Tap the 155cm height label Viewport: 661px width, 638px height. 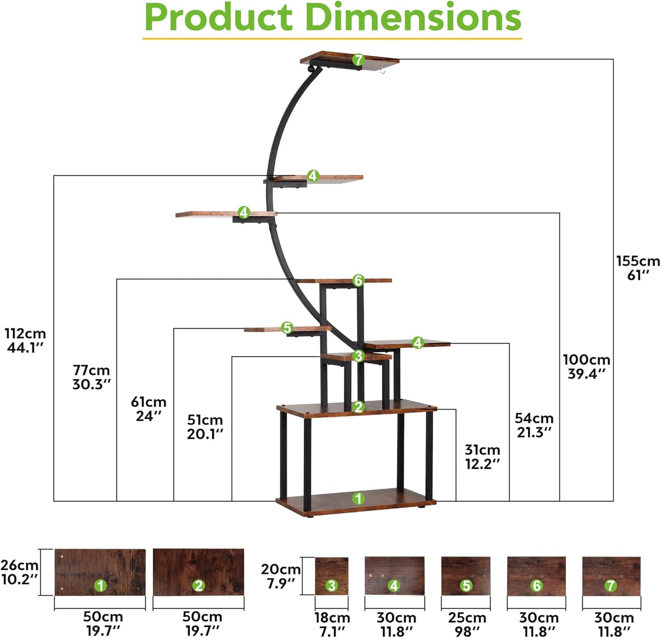click(x=638, y=268)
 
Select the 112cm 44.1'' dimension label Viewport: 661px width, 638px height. click(x=25, y=340)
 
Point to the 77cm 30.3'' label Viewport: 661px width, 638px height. click(x=91, y=377)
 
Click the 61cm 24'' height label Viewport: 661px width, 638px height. click(x=149, y=408)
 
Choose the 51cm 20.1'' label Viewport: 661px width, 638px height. click(x=205, y=427)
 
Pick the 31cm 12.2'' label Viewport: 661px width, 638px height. click(x=482, y=456)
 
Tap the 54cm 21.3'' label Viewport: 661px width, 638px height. click(x=534, y=425)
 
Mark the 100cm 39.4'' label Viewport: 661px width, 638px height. click(x=586, y=366)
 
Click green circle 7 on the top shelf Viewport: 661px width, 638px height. click(x=358, y=59)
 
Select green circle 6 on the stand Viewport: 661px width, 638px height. click(x=358, y=280)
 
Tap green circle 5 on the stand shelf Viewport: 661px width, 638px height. click(x=287, y=328)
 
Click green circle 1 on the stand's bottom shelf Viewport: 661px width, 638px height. click(x=358, y=498)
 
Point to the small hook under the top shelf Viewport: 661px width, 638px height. click(x=382, y=69)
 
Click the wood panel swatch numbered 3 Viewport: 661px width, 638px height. click(x=332, y=576)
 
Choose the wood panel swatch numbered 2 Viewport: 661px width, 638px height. click(x=198, y=572)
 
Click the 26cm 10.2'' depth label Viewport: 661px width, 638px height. click(x=19, y=572)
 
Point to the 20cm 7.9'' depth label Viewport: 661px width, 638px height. click(x=280, y=576)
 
